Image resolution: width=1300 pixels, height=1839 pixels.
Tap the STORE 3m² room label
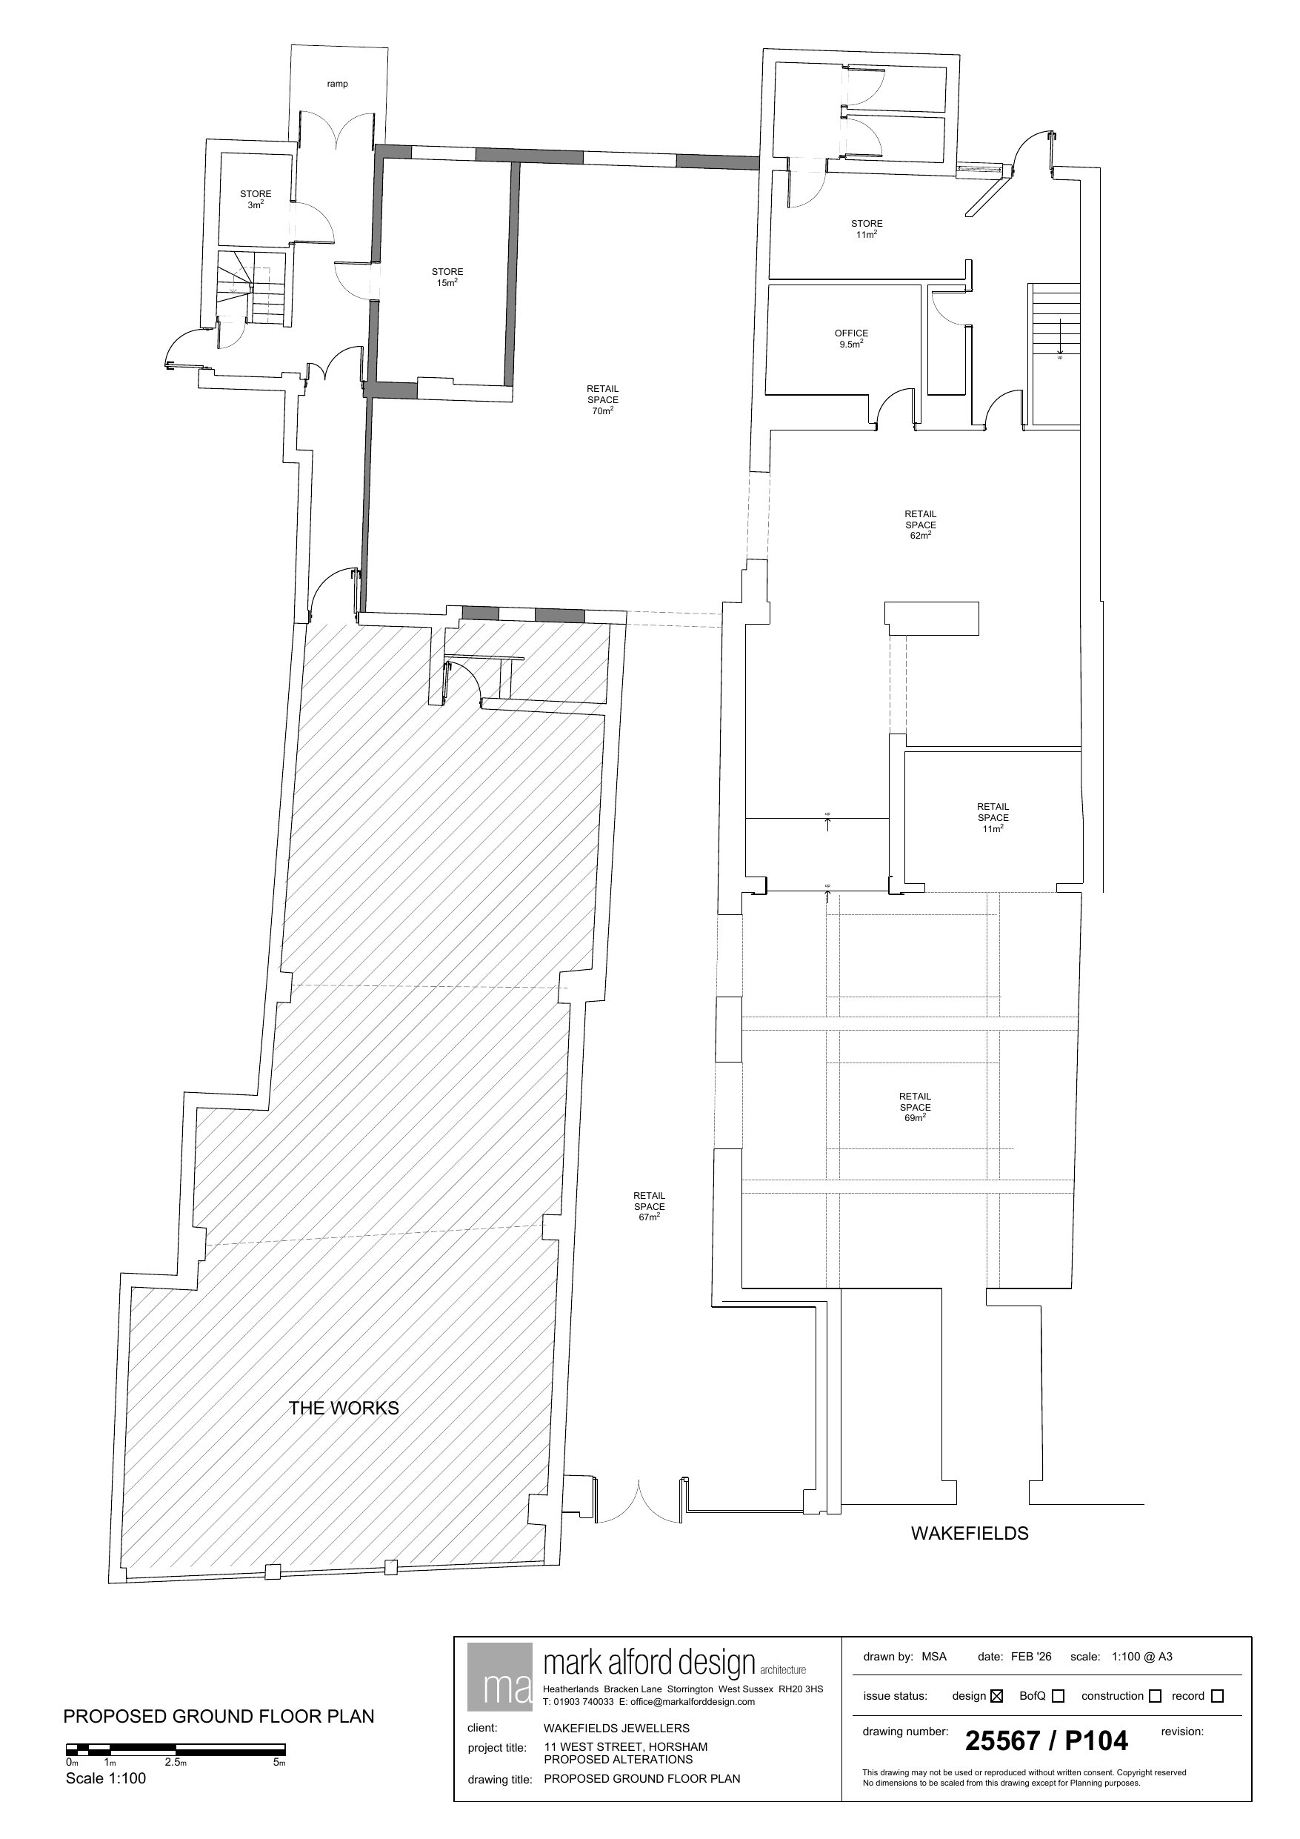click(256, 199)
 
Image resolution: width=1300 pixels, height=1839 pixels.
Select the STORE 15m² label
click(447, 277)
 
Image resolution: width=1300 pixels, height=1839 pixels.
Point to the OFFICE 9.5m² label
click(850, 339)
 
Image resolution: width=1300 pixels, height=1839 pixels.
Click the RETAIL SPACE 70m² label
click(602, 399)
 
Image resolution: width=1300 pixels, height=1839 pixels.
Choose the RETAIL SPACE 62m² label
click(920, 525)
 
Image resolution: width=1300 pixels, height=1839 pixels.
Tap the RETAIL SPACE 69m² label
click(915, 1107)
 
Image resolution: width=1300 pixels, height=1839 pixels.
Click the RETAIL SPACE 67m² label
click(649, 1206)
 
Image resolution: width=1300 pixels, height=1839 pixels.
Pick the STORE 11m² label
click(867, 229)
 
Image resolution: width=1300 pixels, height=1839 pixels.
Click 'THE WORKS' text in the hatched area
click(344, 1408)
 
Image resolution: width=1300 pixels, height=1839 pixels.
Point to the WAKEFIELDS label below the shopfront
click(969, 1533)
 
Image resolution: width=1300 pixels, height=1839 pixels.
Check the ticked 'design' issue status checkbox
click(996, 1695)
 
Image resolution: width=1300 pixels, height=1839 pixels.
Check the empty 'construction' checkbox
click(1155, 1695)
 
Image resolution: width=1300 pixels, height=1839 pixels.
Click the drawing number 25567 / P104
click(1046, 1740)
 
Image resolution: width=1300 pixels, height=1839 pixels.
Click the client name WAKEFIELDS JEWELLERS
click(617, 1728)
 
